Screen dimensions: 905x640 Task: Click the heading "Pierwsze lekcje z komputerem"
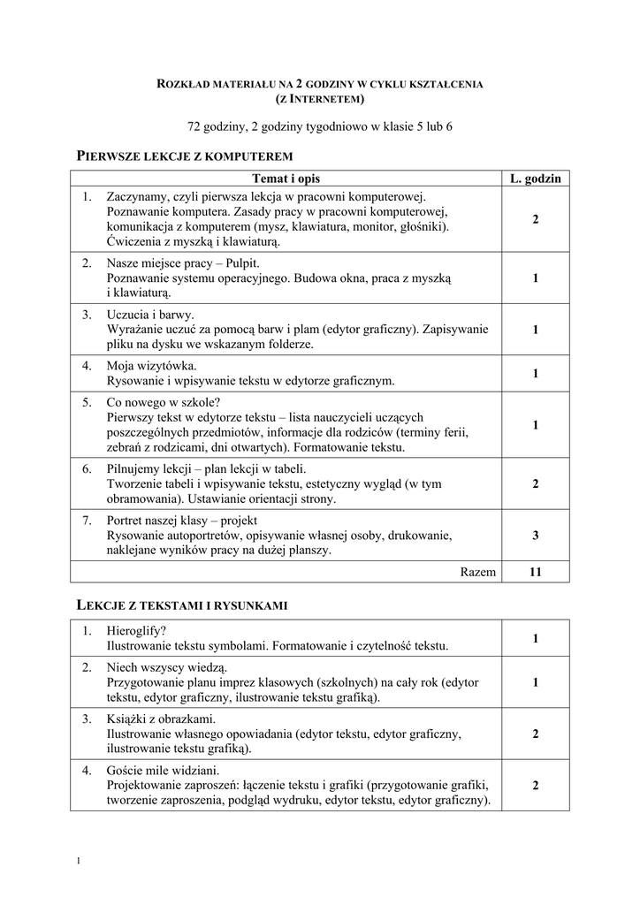pos(185,156)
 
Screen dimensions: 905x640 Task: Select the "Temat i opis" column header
pos(286,179)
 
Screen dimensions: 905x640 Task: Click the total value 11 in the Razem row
pos(536,572)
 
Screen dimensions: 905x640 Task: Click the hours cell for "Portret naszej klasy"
pos(536,536)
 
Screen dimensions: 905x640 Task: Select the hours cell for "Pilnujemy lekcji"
pos(536,484)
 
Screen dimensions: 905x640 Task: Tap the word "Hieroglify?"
pos(136,631)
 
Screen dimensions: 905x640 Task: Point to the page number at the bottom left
pos(80,862)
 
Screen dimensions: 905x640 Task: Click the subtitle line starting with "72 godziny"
pos(320,127)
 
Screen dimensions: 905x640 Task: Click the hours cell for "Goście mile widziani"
pos(536,786)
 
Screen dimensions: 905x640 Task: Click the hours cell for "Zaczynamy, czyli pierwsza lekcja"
pos(536,219)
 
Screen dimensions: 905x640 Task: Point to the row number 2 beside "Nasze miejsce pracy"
pos(87,263)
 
